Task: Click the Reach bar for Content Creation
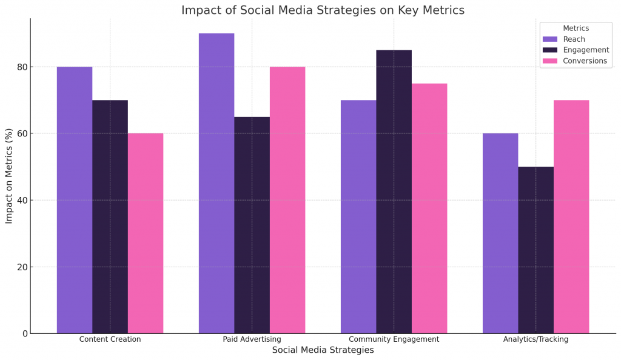click(x=75, y=200)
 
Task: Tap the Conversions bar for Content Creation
click(x=146, y=233)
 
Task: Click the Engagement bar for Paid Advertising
click(x=252, y=225)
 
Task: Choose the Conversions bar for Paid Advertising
click(x=287, y=200)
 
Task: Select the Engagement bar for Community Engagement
click(x=394, y=192)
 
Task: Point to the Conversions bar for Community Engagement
click(x=429, y=208)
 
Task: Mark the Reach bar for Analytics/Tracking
click(x=500, y=233)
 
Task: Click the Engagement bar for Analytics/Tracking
click(x=535, y=250)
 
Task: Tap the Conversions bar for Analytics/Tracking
click(x=571, y=216)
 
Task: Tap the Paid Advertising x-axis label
click(x=252, y=339)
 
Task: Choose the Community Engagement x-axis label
click(x=394, y=339)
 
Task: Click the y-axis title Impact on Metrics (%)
click(x=9, y=176)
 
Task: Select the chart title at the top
click(x=323, y=10)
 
